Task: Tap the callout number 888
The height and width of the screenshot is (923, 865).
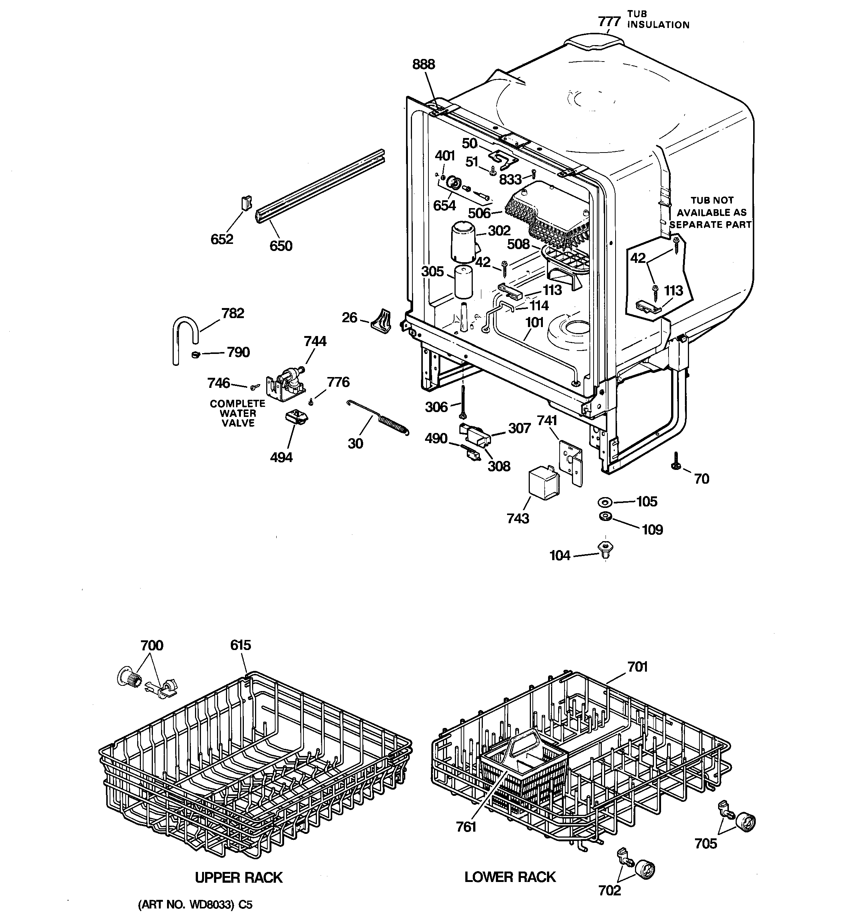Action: click(424, 64)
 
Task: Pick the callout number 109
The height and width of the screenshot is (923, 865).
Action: click(652, 530)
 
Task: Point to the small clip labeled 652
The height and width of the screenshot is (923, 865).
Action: click(246, 203)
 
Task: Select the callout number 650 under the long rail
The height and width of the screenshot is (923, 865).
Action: click(281, 246)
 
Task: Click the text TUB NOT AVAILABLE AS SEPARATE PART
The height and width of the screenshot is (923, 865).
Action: click(711, 213)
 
